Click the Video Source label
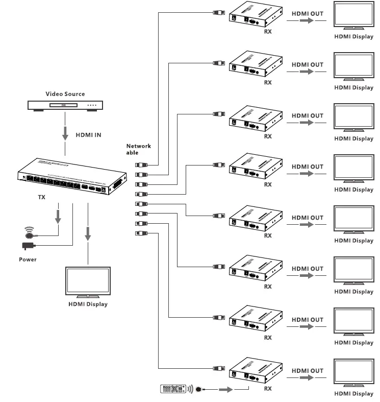(65, 94)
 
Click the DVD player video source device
(65, 106)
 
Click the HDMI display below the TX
(88, 282)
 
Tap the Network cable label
(138, 149)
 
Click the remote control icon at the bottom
(174, 389)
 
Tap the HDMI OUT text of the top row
(307, 13)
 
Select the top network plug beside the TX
(141, 164)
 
